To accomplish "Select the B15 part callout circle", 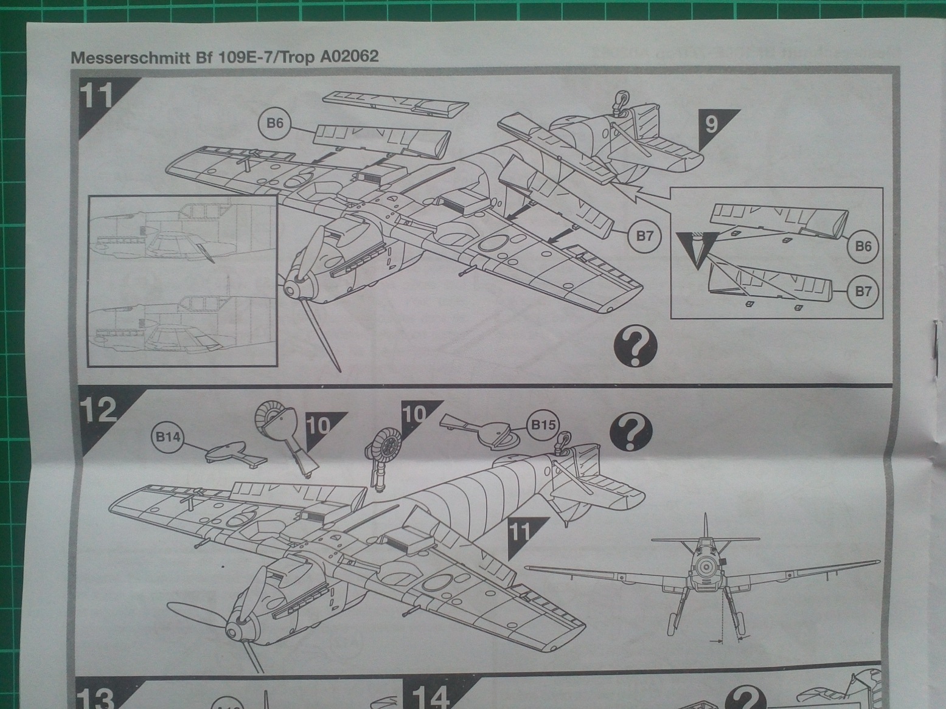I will tap(543, 424).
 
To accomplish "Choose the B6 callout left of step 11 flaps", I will tap(276, 123).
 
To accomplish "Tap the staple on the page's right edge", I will tap(933, 347).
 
